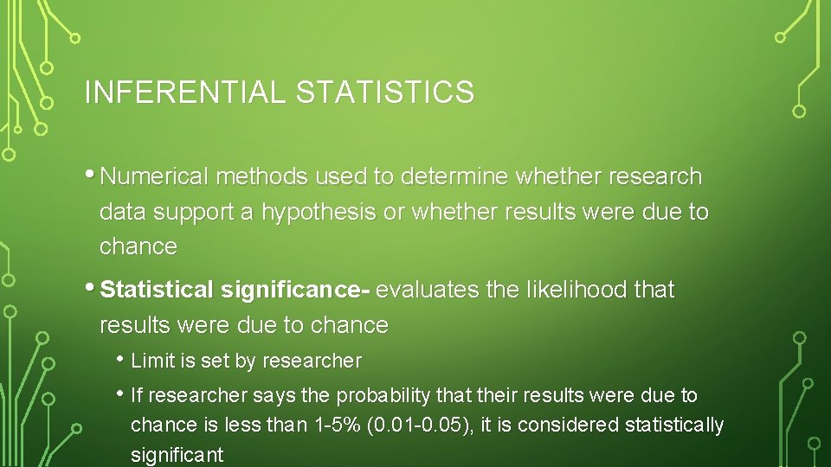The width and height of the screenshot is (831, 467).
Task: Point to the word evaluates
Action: pos(428,291)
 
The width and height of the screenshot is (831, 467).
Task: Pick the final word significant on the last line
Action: pos(177,455)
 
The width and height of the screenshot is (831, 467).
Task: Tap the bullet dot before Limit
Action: pos(119,359)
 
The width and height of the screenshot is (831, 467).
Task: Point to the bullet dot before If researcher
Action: pos(119,394)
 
